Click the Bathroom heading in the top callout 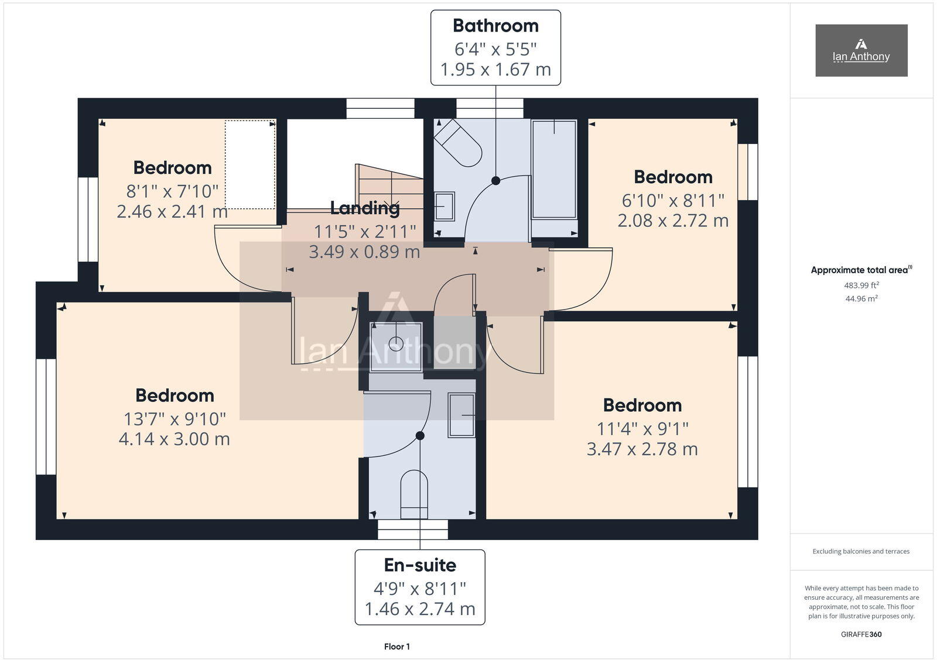coord(495,26)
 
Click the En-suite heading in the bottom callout coord(420,565)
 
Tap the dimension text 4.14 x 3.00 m coord(175,439)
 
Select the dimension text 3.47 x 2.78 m coord(642,449)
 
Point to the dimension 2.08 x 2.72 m coord(673,221)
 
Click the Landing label coord(364,208)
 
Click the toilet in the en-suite coord(414,494)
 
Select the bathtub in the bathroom coord(553,170)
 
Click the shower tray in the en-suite coord(396,346)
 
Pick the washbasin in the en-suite coord(461,415)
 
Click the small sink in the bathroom coord(444,207)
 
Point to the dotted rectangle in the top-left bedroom coord(250,164)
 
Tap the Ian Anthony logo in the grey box coord(861,50)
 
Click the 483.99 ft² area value coord(861,286)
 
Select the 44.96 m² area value coord(861,298)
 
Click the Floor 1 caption coord(397,647)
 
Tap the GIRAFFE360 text coord(861,634)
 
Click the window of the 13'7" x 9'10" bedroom coord(46,416)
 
